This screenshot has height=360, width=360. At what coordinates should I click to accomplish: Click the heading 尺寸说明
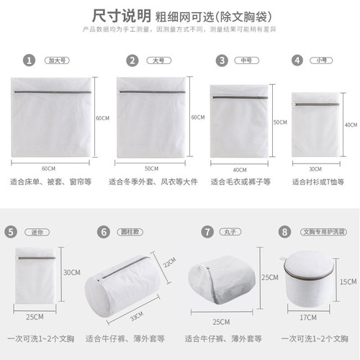[122, 14]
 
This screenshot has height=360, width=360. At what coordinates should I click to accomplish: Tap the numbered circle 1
[29, 60]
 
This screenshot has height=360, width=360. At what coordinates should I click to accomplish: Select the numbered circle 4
[297, 60]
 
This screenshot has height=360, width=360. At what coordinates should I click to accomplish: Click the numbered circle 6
[104, 232]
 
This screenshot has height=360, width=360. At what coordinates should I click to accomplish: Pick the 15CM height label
[346, 282]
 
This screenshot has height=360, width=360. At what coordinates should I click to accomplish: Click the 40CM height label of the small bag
[351, 125]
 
